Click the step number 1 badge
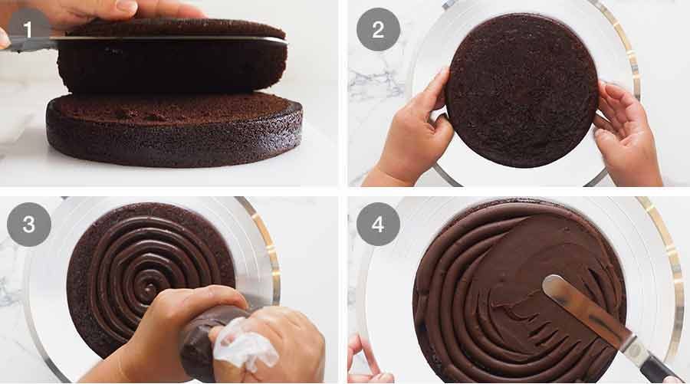[x=28, y=29]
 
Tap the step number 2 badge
[x=377, y=29]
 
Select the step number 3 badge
[x=28, y=225]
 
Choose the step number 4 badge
[x=377, y=225]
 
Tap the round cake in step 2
[x=521, y=92]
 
